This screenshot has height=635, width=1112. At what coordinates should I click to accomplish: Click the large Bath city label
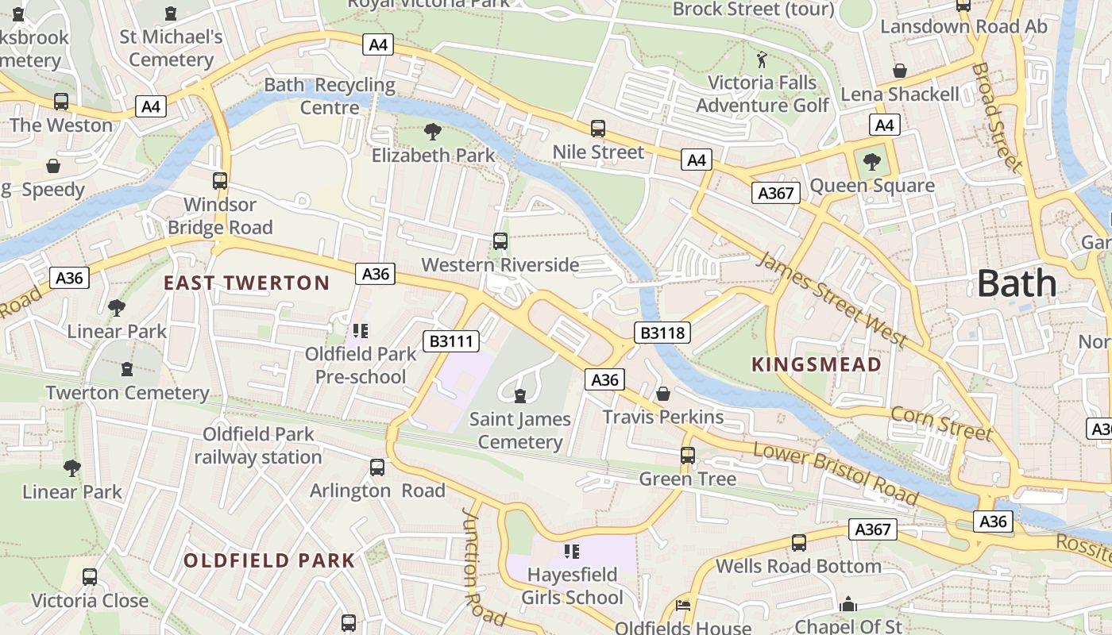coord(1017,283)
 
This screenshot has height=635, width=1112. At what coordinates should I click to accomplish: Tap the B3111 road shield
coord(451,341)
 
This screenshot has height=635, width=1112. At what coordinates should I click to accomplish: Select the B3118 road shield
coord(662,332)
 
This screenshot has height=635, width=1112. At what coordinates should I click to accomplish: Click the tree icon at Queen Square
coord(872,162)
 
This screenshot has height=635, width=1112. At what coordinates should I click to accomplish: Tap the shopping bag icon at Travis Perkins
coord(663,394)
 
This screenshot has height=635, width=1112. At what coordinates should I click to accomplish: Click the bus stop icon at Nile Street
coord(598,129)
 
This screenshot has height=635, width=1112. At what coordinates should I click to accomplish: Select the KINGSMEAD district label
coord(817,365)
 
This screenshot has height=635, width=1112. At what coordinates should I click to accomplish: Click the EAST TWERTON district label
coord(246,283)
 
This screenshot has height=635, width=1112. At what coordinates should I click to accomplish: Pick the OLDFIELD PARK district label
coord(269,560)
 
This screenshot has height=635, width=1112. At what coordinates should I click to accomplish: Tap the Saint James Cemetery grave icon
coord(520,395)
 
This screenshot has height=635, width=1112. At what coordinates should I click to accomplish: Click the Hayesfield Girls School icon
coord(571,551)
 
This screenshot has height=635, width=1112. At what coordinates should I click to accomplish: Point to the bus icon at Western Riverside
coord(500,241)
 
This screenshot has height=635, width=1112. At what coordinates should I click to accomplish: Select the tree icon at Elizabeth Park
coord(433,132)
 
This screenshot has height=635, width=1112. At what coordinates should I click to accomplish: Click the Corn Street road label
coord(942,424)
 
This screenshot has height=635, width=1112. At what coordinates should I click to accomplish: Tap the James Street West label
coord(832,298)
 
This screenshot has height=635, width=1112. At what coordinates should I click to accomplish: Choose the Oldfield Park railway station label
coord(258,445)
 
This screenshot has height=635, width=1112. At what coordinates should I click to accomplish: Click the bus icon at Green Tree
coord(688,456)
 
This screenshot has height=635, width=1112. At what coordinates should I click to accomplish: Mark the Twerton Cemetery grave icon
coord(127,369)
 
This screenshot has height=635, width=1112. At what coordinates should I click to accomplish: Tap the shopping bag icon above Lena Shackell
coord(900,71)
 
